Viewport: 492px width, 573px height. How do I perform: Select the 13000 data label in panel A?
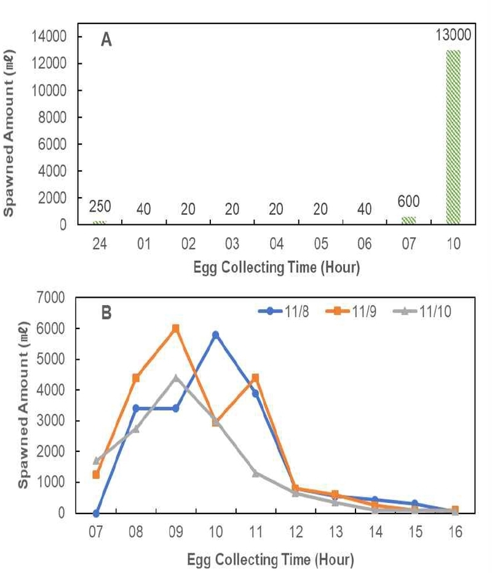click(x=451, y=34)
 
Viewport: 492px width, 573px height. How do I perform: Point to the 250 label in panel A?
click(x=100, y=206)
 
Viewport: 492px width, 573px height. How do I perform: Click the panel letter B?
click(x=106, y=313)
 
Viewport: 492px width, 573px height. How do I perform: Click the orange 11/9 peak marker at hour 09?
click(x=175, y=329)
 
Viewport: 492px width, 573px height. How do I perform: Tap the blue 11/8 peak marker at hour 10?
click(x=215, y=335)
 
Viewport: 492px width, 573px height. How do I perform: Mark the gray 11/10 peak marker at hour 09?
click(x=175, y=378)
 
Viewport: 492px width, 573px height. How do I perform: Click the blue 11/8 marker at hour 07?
click(x=96, y=513)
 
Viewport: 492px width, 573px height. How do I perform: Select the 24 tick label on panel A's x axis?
click(x=100, y=244)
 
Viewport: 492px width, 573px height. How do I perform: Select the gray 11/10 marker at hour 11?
click(x=255, y=474)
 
